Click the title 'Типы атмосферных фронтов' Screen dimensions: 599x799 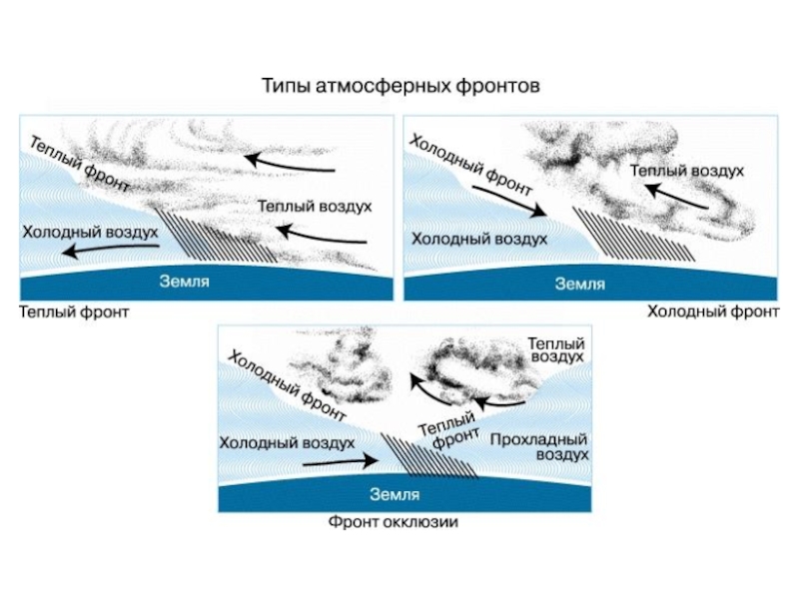[400, 86]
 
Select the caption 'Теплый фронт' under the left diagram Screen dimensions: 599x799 [74, 311]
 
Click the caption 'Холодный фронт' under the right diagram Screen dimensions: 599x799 [712, 311]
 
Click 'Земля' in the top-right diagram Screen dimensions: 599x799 [580, 284]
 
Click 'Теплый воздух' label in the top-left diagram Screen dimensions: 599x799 [315, 206]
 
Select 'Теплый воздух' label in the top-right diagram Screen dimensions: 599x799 [687, 171]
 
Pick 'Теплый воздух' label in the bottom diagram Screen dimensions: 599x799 [556, 348]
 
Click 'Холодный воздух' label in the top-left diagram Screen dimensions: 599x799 [91, 232]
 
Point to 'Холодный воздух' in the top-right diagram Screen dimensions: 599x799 [479, 240]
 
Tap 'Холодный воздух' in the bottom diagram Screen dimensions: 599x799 [288, 441]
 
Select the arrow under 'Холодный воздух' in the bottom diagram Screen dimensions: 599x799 [340, 462]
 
